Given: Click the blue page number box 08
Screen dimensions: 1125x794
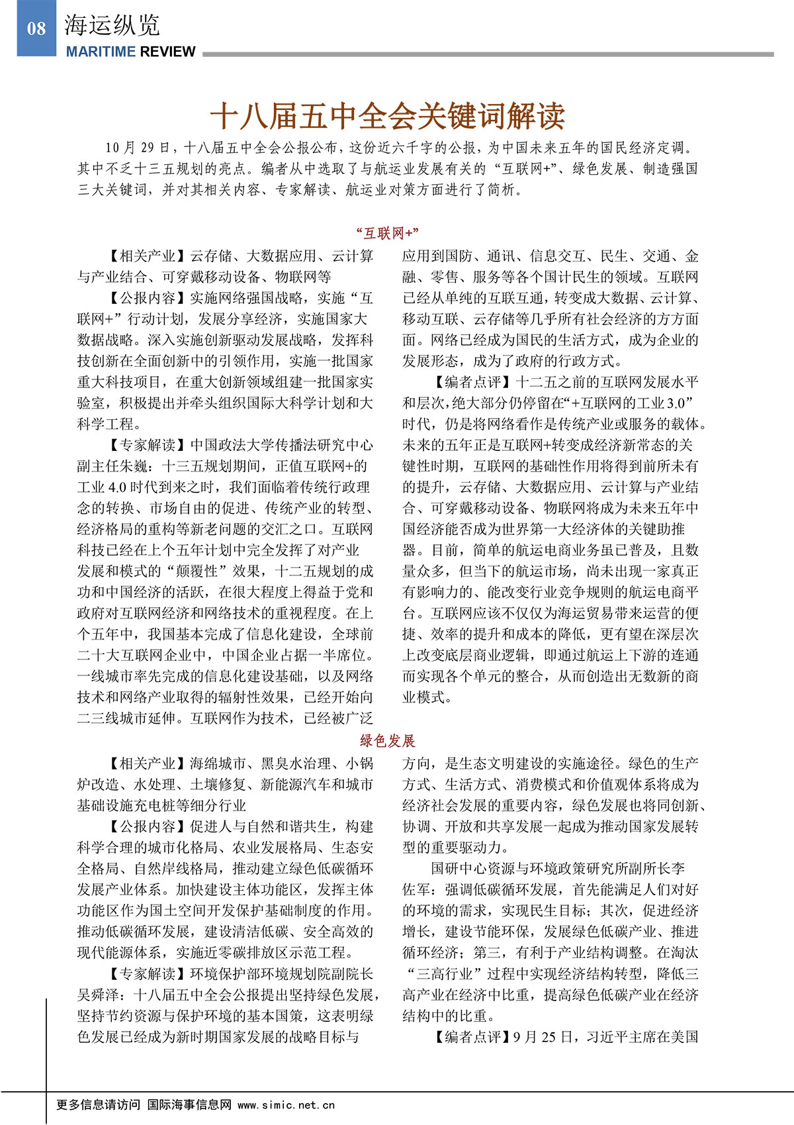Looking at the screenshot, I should tap(36, 28).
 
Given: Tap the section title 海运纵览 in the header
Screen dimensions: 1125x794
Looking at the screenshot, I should tap(112, 26).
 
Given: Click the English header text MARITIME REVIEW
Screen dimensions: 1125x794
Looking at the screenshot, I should tap(130, 52).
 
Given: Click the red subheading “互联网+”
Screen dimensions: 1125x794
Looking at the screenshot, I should tap(388, 233).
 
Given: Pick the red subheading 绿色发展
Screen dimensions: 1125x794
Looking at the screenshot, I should tap(388, 740).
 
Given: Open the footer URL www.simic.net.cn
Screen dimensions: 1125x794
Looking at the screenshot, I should tap(286, 1104).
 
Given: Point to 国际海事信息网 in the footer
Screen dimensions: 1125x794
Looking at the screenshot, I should tap(189, 1104).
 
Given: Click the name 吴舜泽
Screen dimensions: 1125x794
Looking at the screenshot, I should tap(98, 995).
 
